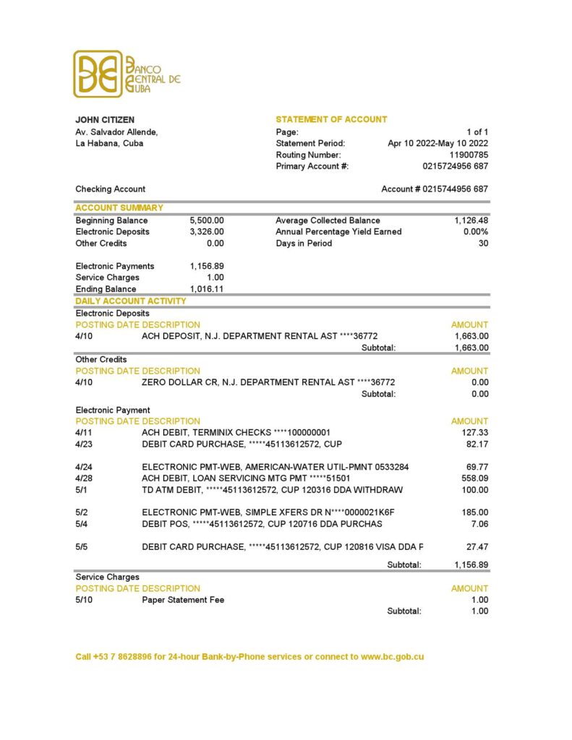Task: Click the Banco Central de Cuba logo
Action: coord(127,74)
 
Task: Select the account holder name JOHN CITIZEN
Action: coord(105,120)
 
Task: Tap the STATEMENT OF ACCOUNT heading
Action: coord(331,120)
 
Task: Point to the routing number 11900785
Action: coord(469,155)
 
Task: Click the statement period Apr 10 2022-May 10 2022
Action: coord(437,143)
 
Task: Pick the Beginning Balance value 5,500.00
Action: coord(207,220)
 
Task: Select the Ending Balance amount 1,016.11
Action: coord(207,289)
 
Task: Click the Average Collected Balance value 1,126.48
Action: coord(471,220)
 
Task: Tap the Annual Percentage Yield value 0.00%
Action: coord(475,232)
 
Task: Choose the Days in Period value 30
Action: coord(483,244)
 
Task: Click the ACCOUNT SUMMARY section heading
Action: coord(119,208)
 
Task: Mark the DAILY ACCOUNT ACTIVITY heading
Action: coord(131,301)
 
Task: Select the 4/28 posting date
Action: coord(84,478)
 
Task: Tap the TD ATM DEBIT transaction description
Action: coord(272,490)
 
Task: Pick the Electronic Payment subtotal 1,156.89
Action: coord(471,564)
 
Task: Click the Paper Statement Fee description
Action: coord(183,600)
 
